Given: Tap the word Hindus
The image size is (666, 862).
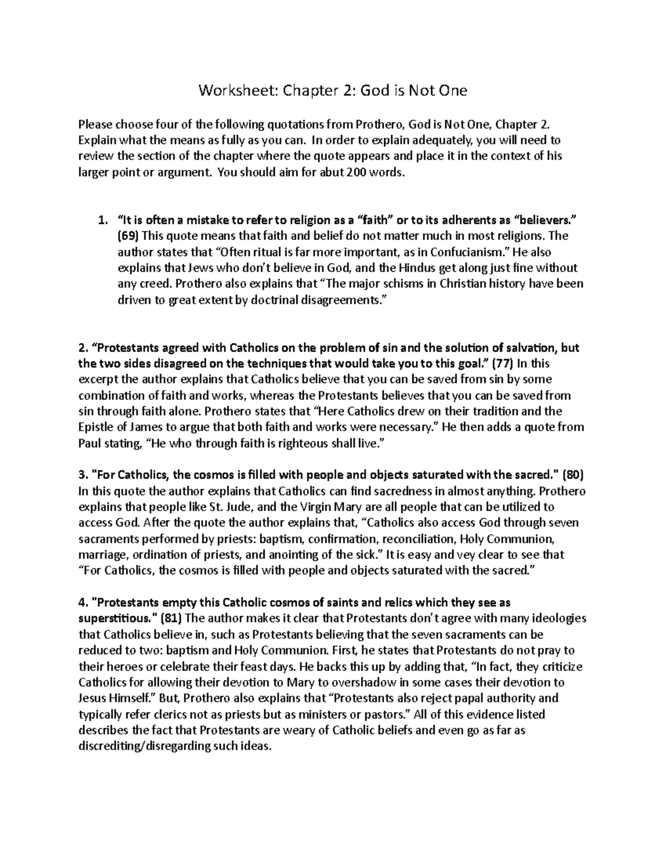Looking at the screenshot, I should (401, 268).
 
